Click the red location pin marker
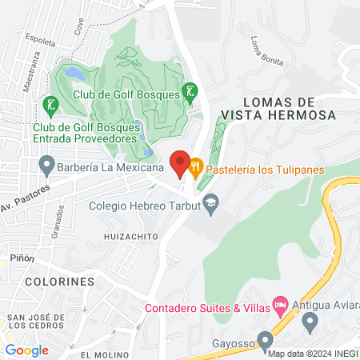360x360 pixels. pos(180,162)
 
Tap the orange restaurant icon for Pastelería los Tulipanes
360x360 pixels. pos(195,169)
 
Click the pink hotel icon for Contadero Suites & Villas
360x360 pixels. pos(280,304)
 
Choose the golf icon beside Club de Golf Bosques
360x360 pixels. pos(189,92)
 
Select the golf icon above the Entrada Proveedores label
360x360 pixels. pos(51,105)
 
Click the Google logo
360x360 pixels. pos(26,350)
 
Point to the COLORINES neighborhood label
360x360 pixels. pos(59,282)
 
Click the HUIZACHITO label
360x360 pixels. pos(128,238)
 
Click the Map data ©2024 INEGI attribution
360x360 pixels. pos(312,354)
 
